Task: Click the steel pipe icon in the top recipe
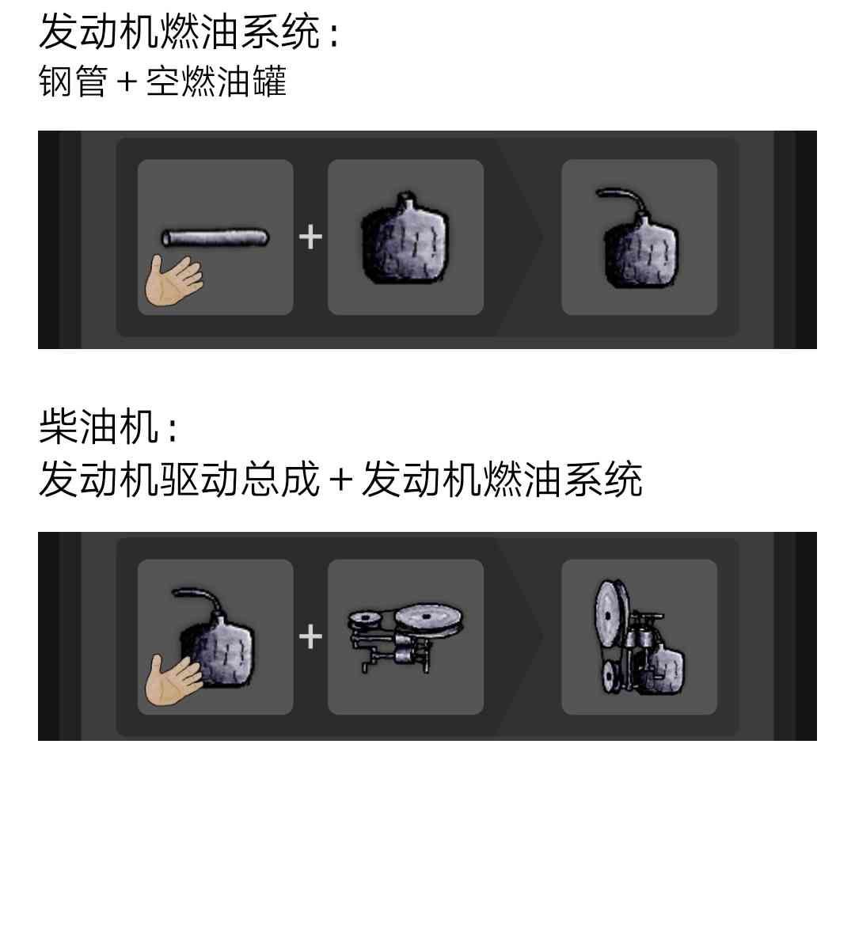tap(215, 237)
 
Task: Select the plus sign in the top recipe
tap(310, 237)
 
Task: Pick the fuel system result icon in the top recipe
tap(639, 237)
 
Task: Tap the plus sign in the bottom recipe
tap(310, 636)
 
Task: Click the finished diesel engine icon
tap(640, 636)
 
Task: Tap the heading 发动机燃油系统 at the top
tap(179, 32)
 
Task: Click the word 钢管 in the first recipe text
tap(74, 81)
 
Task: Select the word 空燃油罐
tap(216, 81)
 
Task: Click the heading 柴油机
tap(99, 426)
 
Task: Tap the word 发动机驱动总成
tap(179, 479)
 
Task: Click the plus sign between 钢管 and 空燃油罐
tap(127, 82)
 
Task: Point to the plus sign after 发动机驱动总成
tap(341, 480)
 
